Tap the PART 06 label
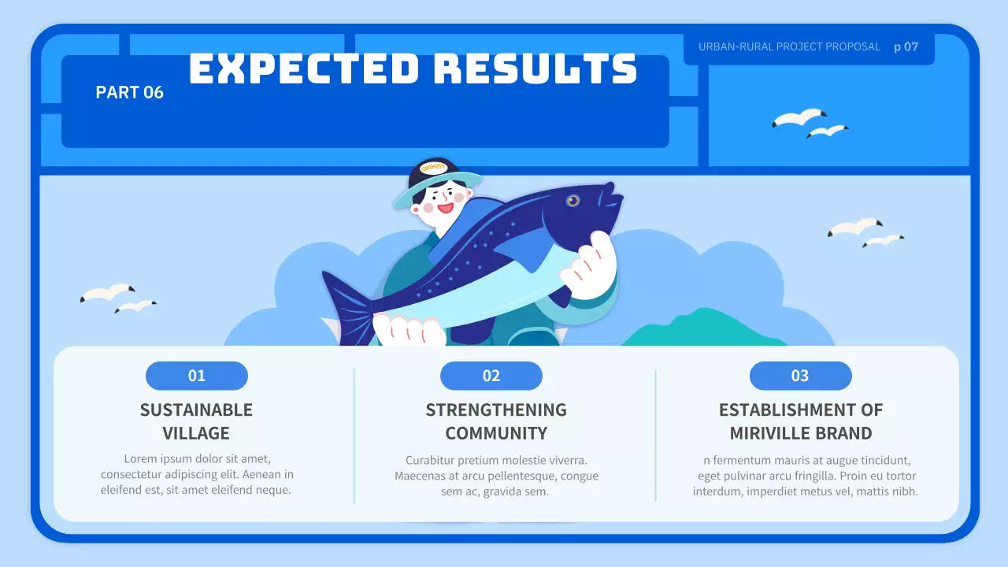point(129,92)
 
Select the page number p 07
point(906,46)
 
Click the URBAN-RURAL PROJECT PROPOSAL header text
point(789,46)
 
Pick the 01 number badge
point(197,376)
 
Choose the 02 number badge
point(491,376)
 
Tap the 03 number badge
point(800,376)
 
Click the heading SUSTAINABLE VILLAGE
point(196,421)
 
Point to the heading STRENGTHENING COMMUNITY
point(496,421)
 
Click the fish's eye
point(573,200)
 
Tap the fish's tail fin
point(346,307)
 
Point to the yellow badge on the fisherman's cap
point(433,167)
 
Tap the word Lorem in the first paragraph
point(139,458)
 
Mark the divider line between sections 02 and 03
point(655,435)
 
